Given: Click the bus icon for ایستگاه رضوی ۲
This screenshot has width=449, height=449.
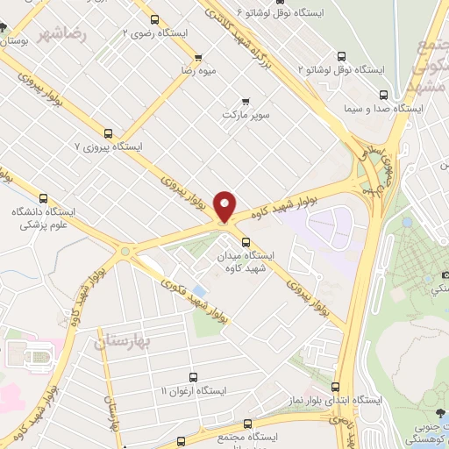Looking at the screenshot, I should (155, 18).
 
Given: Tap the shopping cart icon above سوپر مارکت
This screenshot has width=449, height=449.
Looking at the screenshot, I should (245, 99).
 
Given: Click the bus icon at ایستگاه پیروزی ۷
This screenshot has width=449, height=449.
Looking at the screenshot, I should (108, 134).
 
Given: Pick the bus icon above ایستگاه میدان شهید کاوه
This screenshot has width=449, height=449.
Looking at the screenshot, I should (245, 241).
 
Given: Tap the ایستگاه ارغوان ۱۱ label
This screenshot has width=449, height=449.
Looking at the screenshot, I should (194, 388).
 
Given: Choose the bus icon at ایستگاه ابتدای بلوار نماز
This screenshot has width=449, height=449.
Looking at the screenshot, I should (334, 386).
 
